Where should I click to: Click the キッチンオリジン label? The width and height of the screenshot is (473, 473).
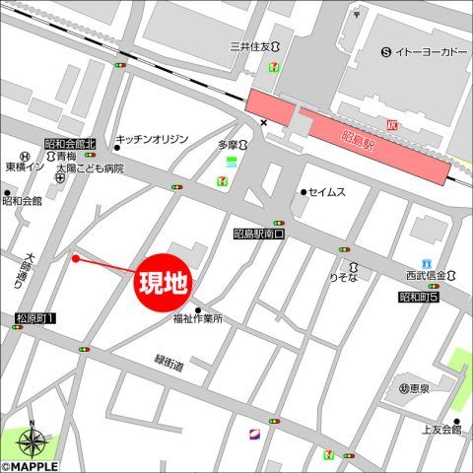point(152,140)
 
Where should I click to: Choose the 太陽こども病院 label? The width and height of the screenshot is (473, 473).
point(89,169)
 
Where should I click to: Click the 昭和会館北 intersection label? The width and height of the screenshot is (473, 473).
point(69,144)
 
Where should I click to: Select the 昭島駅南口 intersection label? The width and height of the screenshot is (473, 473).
point(258,235)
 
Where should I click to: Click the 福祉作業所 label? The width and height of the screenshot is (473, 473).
point(197,318)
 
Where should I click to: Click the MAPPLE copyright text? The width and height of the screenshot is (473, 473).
point(30,466)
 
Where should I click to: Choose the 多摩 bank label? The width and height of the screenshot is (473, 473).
point(228,144)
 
